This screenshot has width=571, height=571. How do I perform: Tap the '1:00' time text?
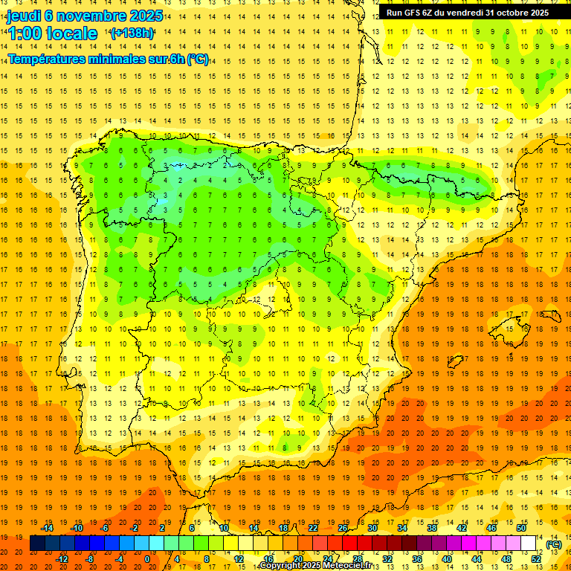[x=25, y=33]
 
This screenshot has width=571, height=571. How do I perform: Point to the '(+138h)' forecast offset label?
[x=132, y=33]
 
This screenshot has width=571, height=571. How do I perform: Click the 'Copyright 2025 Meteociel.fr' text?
[x=315, y=566]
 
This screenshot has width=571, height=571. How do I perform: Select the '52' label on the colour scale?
[x=537, y=559]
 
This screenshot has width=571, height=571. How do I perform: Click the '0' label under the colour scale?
[x=146, y=559]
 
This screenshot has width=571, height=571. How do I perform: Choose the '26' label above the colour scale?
[x=343, y=528]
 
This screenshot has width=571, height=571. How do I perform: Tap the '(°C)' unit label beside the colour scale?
[x=554, y=544]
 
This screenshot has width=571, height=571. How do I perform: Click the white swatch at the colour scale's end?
[x=529, y=543]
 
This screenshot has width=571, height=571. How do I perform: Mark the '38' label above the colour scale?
[x=432, y=528]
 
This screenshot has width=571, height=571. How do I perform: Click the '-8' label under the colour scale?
[x=90, y=559]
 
